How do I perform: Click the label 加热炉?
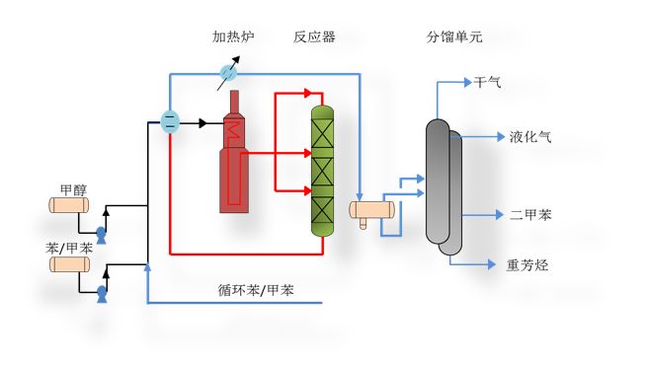coord(233,37)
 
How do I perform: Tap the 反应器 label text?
coord(314,37)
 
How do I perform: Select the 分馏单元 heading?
coord(454,37)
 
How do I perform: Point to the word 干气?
coord(488,83)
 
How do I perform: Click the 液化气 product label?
coord(530,137)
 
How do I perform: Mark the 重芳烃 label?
coord(526,264)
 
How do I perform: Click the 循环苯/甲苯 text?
coord(256,291)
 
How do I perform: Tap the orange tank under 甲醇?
coord(69,205)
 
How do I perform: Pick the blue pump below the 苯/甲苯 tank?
coord(101,294)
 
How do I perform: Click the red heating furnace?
coord(233,158)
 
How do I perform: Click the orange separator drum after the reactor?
coord(372,209)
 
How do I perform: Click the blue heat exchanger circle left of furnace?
coord(170,122)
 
